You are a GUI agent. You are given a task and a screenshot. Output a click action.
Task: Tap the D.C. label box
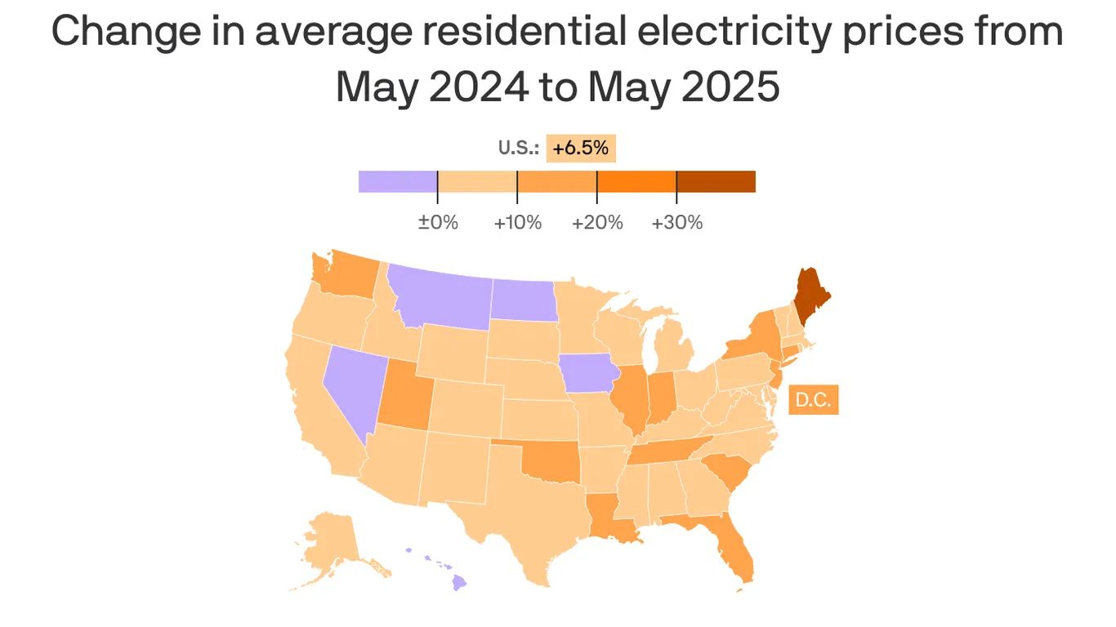[x=813, y=401]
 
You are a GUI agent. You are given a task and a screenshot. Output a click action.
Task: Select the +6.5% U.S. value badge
[x=580, y=149]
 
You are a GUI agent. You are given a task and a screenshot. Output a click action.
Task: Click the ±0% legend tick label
[x=438, y=222]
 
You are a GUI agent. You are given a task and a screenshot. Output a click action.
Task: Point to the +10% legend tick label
[x=517, y=222]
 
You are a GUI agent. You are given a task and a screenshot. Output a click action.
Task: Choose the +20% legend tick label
[x=597, y=222]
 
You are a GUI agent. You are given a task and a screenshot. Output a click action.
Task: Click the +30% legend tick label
[x=676, y=222]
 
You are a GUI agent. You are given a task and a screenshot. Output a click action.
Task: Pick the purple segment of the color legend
[x=398, y=181]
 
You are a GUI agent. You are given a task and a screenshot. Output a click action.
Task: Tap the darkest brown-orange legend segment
[x=716, y=181]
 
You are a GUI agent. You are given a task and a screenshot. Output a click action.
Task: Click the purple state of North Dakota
[x=523, y=300]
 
